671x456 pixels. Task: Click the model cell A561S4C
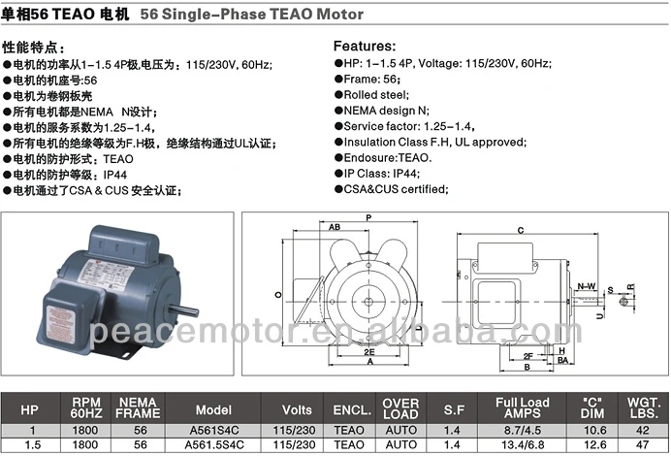tap(214, 430)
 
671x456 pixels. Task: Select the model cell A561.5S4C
tap(214, 445)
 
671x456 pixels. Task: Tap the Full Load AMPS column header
tap(522, 408)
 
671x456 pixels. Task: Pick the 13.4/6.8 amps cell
tap(523, 445)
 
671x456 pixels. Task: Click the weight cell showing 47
tap(642, 445)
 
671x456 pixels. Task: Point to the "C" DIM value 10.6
tap(594, 430)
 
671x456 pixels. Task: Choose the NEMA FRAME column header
tap(138, 408)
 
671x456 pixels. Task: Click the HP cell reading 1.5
tap(33, 445)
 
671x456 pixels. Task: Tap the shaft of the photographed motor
tap(183, 309)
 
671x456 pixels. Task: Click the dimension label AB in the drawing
tap(335, 227)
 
